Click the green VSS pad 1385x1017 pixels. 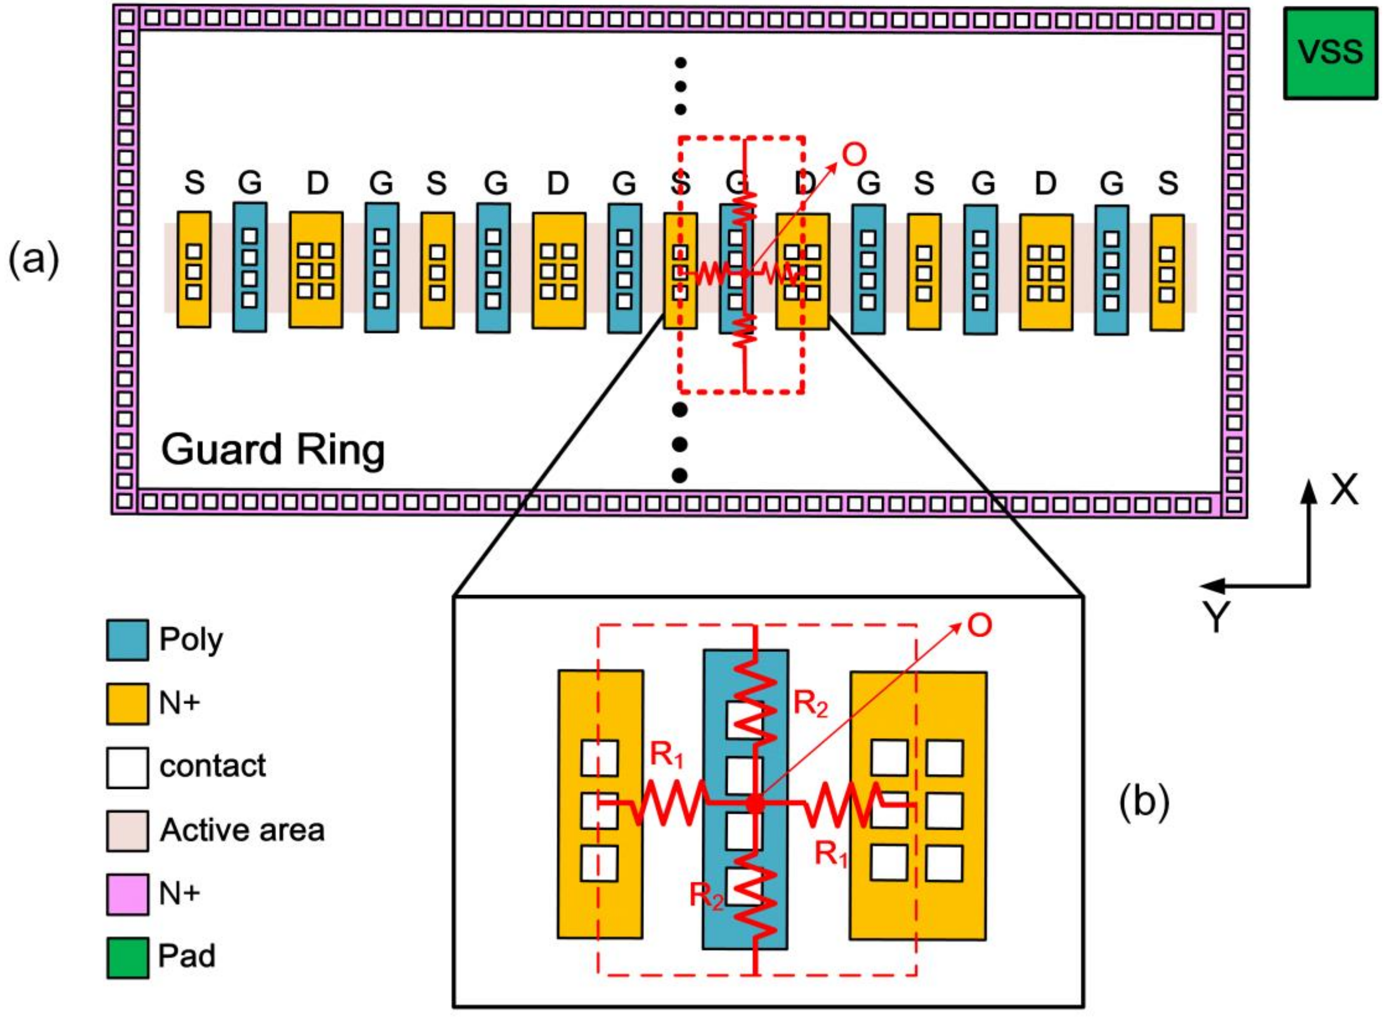[1330, 53]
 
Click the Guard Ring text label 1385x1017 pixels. [273, 450]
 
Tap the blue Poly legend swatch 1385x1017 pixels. [127, 640]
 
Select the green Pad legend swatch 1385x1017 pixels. [127, 957]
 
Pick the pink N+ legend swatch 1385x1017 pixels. [127, 894]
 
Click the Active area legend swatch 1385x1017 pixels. [127, 830]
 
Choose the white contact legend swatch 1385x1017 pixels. [127, 767]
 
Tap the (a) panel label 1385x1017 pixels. [34, 260]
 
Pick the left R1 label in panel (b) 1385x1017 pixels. [667, 755]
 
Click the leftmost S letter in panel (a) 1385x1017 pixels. [194, 183]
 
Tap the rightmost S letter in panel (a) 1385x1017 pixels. [1168, 183]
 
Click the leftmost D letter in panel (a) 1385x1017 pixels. [317, 183]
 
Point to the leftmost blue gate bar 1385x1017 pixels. [250, 267]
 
